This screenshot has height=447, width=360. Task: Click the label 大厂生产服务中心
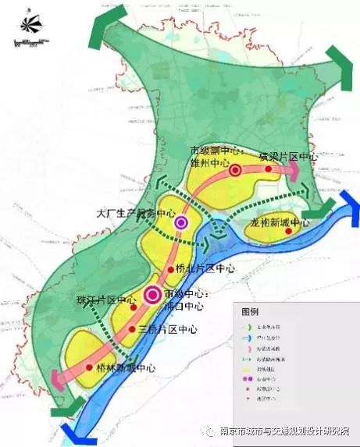(135, 212)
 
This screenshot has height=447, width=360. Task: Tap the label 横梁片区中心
(288, 158)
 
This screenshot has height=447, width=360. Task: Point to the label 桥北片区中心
(205, 269)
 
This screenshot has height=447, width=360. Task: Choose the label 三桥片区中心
(167, 329)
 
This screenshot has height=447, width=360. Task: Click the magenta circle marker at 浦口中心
(152, 294)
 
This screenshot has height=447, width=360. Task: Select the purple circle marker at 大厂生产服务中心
(182, 224)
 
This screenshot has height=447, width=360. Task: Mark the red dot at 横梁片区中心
(268, 168)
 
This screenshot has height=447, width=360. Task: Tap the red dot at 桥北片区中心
(171, 270)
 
